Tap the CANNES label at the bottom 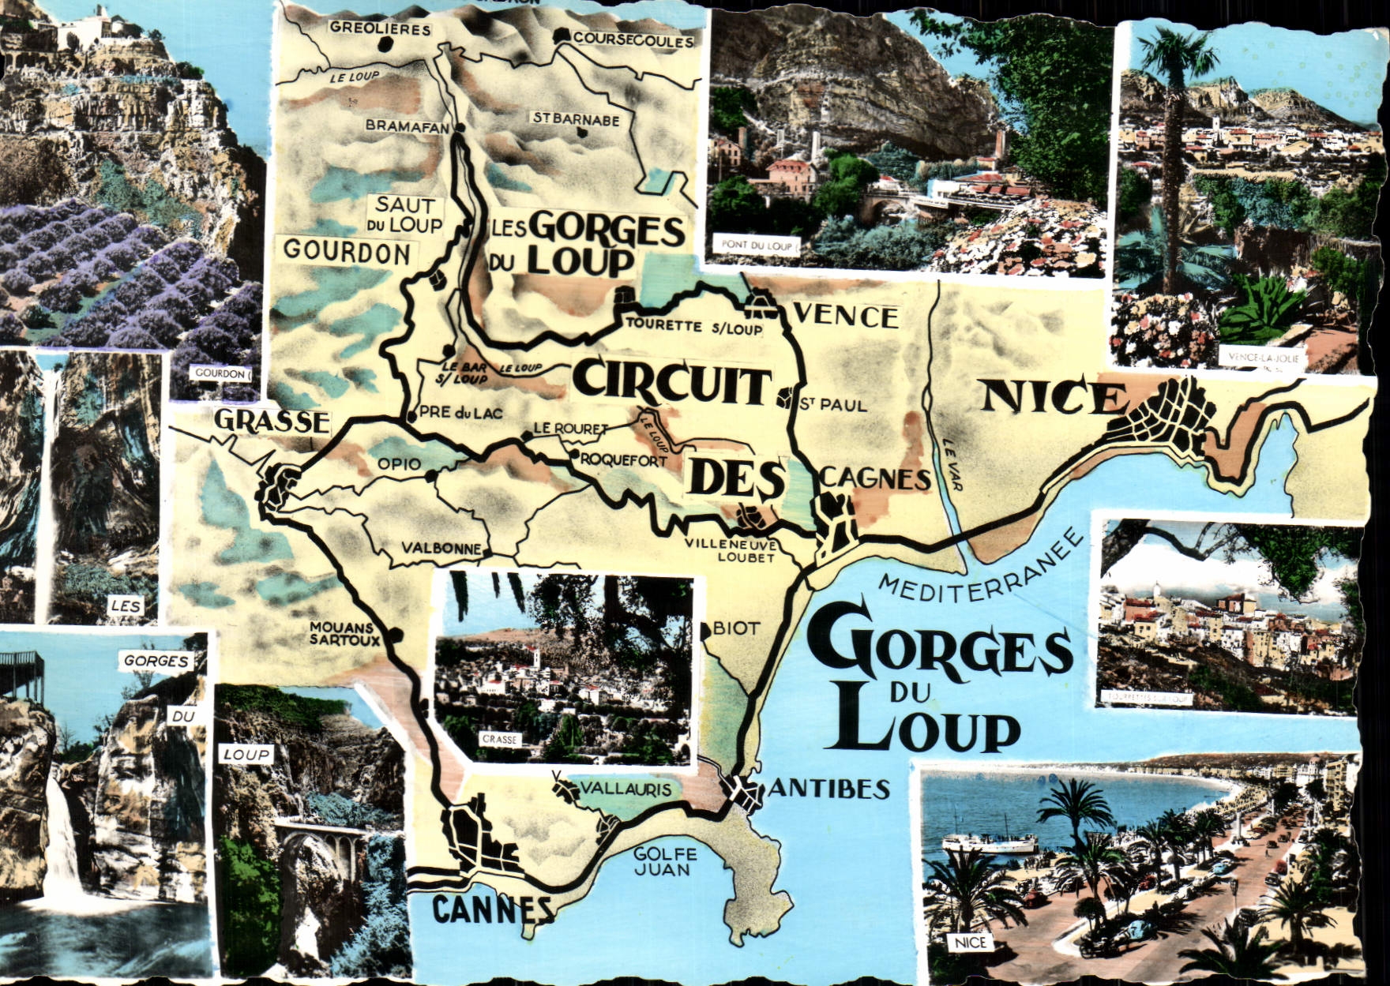pos(494,910)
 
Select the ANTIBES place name pos(829,789)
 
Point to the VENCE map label pos(845,317)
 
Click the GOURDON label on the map pos(347,252)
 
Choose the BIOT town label pos(736,628)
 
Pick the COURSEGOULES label pos(633,40)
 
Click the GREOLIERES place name pos(381,29)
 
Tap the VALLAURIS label pos(626,789)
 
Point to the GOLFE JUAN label pos(665,861)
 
